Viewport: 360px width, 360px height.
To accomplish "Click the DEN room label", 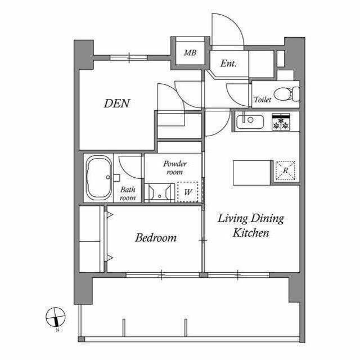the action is (117, 103).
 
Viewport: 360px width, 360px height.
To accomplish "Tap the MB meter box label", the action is (190, 53).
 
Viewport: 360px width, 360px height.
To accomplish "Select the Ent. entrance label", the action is (228, 64).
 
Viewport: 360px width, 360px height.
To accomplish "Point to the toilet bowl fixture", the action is (287, 94).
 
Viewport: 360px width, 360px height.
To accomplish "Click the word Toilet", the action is (263, 100).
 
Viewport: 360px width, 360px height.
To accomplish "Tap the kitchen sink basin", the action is (250, 121).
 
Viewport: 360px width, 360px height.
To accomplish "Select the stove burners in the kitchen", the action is (281, 121).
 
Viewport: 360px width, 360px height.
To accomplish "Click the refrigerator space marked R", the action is (285, 170).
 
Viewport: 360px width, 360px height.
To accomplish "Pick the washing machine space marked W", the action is (188, 192).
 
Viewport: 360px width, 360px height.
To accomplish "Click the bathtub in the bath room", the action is (98, 178).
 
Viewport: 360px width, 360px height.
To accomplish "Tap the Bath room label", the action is (128, 193).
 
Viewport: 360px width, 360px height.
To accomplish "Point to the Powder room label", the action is (175, 168).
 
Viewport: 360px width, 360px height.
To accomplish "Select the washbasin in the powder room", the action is (160, 192).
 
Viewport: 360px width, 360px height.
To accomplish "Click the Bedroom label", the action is (156, 237).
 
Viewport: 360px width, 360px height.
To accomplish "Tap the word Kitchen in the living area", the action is (251, 233).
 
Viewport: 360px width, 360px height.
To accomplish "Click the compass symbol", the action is (56, 317).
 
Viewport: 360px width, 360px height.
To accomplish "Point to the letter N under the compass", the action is (57, 330).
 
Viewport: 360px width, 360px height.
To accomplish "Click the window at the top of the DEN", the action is (129, 57).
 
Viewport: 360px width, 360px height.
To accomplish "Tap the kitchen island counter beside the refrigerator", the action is (252, 173).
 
